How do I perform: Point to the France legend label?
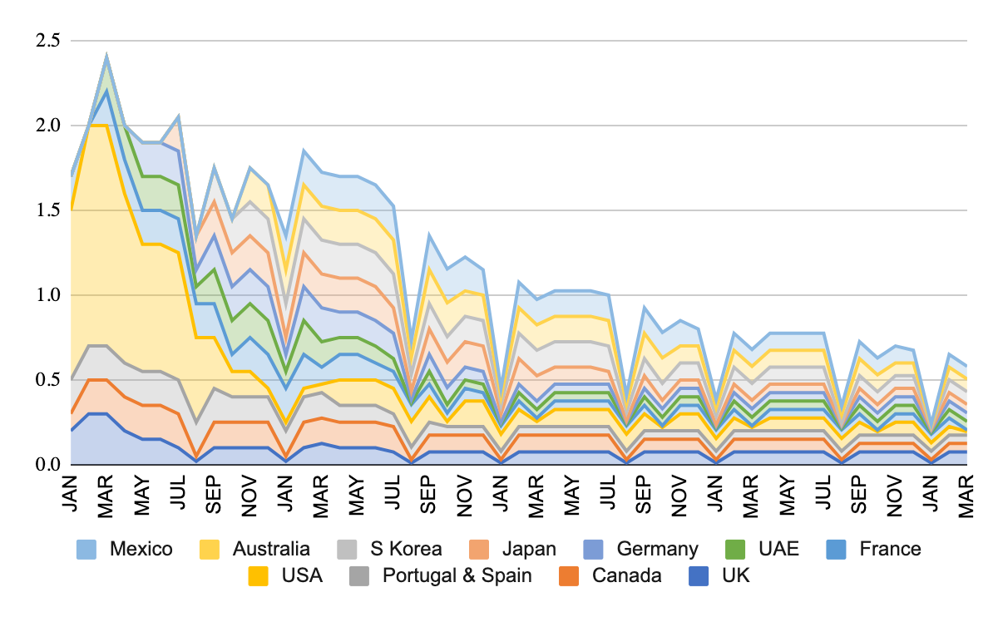point(890,549)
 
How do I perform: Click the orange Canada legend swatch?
point(576,575)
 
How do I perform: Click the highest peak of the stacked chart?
point(106,56)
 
